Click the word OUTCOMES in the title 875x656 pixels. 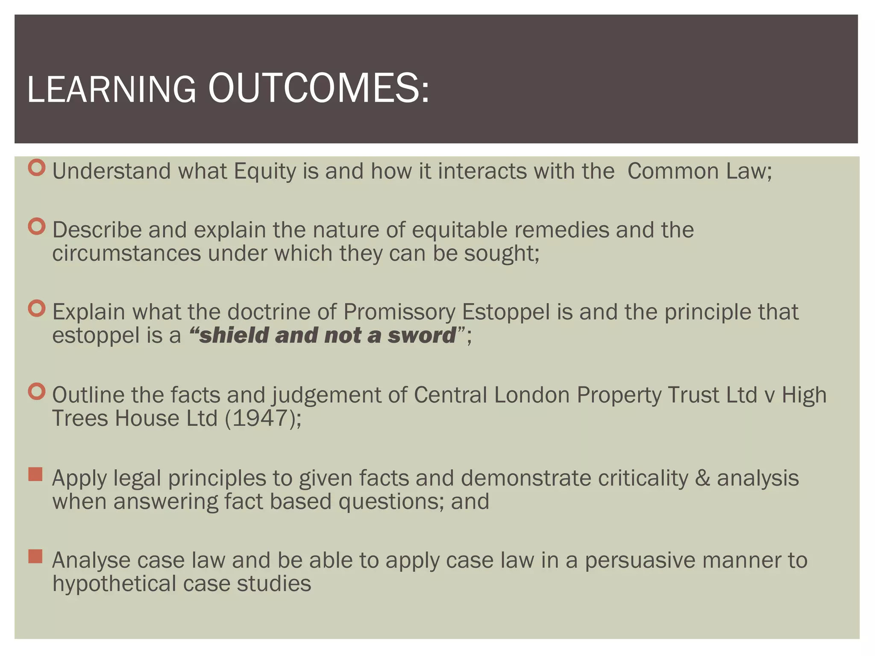(318, 88)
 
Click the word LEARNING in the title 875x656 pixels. (112, 90)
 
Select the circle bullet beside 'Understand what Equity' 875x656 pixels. (37, 167)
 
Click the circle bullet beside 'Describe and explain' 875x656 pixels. (37, 226)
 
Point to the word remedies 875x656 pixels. (561, 230)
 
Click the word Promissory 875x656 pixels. (399, 312)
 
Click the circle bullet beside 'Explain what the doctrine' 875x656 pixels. (37, 308)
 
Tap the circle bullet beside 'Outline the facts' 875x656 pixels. (37, 391)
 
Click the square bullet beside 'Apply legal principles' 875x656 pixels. (35, 474)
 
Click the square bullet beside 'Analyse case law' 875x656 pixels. (35, 556)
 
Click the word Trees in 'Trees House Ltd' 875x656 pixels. (80, 419)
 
